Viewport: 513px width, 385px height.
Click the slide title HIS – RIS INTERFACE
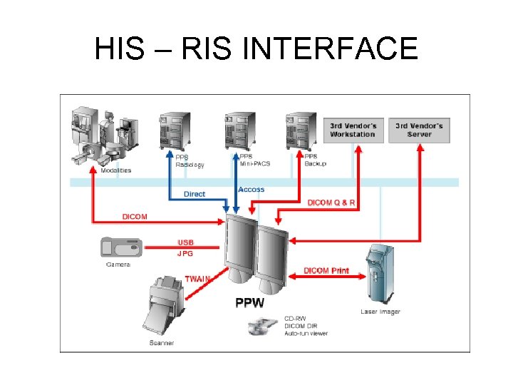click(256, 48)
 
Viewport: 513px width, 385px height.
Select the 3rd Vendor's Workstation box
click(353, 130)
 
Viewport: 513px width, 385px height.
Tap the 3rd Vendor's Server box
click(420, 130)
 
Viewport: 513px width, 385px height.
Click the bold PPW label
click(249, 302)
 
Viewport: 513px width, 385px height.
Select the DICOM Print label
click(326, 270)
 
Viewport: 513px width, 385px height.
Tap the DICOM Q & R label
click(331, 202)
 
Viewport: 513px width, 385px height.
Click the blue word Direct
click(194, 194)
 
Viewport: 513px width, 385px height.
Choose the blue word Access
click(251, 190)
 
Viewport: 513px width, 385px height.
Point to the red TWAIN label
click(197, 279)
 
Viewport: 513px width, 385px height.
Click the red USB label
click(185, 242)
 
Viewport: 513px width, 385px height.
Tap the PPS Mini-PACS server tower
click(238, 130)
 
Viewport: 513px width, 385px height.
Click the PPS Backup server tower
click(299, 130)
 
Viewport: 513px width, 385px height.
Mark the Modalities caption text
click(115, 170)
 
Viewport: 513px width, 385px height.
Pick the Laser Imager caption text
click(380, 312)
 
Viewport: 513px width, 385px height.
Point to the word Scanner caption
click(161, 344)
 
